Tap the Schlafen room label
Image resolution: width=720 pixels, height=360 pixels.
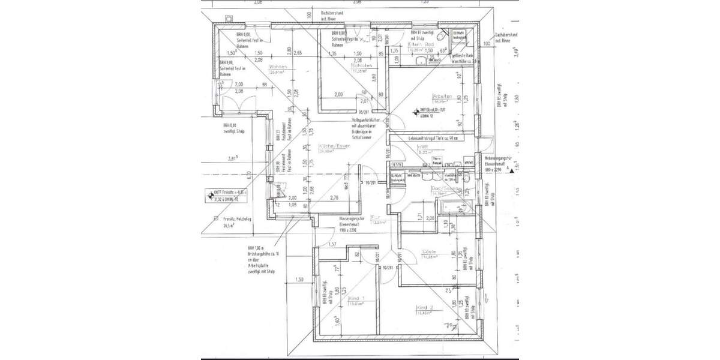point(362,65)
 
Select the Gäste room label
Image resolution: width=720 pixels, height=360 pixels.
point(429,251)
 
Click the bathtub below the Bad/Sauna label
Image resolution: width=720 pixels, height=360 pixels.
point(446,207)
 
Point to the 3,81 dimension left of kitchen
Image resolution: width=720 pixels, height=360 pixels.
point(233,158)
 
